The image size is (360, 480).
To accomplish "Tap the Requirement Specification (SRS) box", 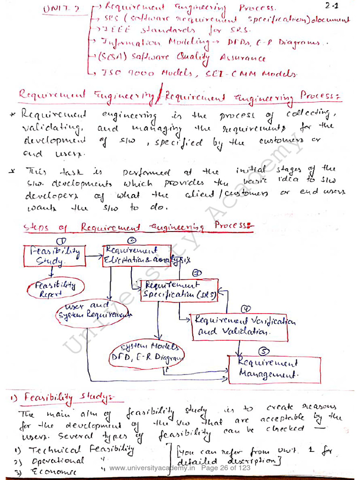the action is coord(180,290).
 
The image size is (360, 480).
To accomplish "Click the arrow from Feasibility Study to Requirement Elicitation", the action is coord(93,256).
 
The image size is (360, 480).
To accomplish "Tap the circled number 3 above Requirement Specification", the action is coord(197,273).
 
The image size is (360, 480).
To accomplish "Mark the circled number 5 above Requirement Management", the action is coord(264,351).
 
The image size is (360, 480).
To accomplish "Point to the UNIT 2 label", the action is coord(60,9).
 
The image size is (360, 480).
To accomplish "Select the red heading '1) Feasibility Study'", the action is coord(66,399).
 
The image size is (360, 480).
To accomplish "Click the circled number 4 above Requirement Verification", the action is coord(246,308).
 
